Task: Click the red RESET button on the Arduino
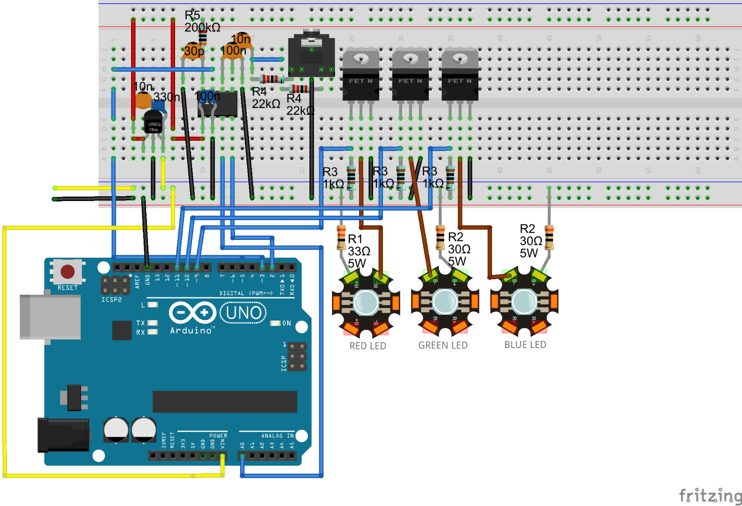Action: coord(67,271)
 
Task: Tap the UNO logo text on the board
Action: coord(243,313)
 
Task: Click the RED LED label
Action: coord(367,346)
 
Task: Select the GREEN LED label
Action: coord(443,345)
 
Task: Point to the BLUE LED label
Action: coord(525,345)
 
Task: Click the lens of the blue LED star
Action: coord(524,302)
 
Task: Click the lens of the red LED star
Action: coord(366,302)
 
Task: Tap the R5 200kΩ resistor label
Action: coord(201,22)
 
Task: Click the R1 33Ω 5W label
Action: coord(359,251)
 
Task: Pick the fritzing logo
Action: coord(710,495)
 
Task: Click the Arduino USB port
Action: coord(50,317)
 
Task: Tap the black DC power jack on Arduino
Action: coord(63,435)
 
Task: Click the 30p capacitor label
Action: coord(193,51)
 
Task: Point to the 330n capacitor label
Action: coord(166,97)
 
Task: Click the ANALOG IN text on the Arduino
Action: coord(277,436)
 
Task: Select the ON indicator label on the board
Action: coord(287,323)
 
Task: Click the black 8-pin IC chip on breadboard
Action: coord(218,104)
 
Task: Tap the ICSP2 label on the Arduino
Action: coord(111,299)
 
